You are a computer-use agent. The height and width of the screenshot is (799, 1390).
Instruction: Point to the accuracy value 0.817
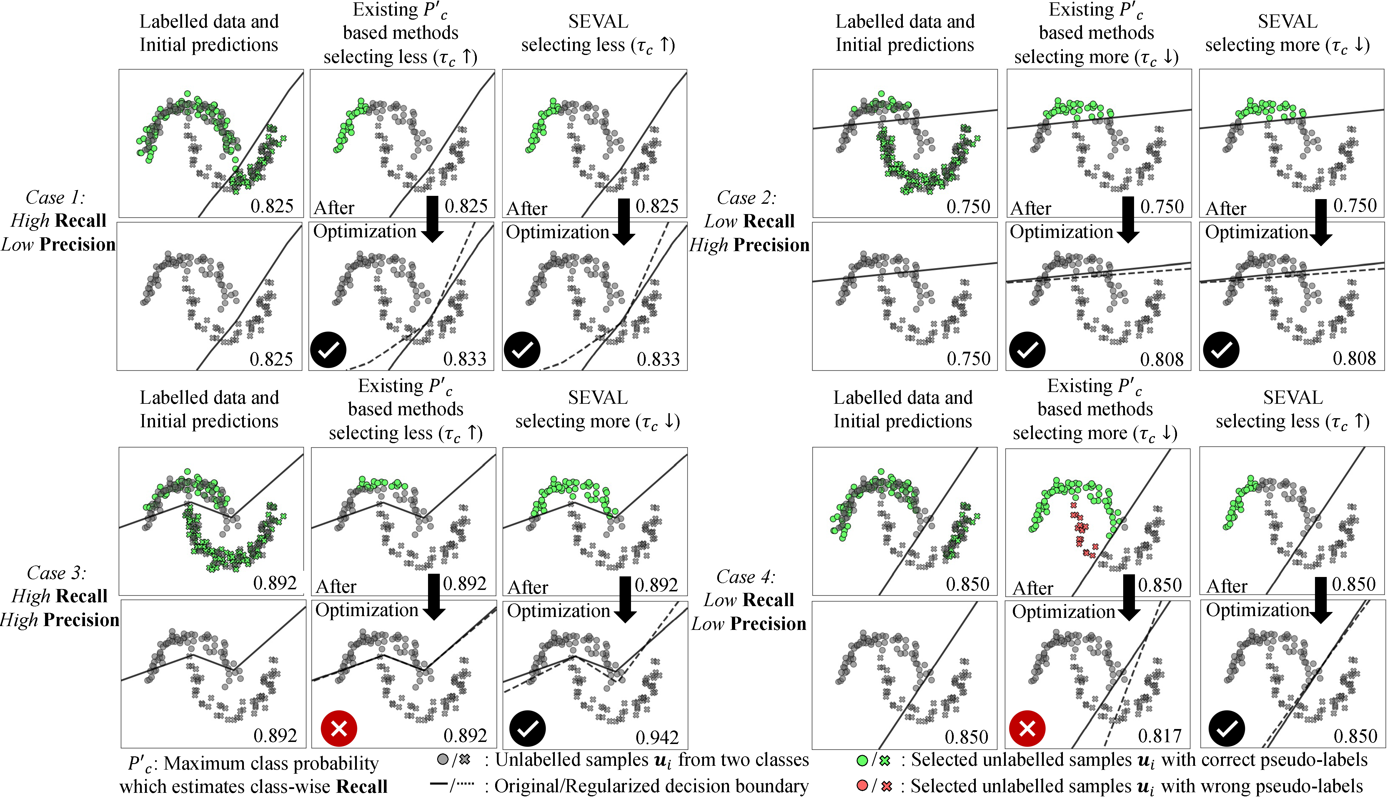(x=1159, y=735)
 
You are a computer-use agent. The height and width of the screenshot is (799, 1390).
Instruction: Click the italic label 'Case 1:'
(x=55, y=198)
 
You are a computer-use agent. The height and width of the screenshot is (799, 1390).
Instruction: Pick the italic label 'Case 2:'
(x=747, y=198)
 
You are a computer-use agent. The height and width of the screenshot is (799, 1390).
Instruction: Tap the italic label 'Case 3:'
(x=56, y=573)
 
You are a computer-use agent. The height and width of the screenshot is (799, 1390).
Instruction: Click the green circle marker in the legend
(x=862, y=760)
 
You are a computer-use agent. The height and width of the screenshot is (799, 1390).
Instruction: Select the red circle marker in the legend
(x=862, y=786)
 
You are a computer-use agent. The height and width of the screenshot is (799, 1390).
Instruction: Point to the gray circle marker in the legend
(x=442, y=760)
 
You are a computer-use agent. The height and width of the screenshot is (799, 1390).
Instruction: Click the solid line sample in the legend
(x=439, y=784)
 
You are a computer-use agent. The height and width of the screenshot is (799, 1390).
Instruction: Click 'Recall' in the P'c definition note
(x=362, y=786)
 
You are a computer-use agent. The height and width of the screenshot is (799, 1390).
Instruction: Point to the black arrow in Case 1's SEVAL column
(x=624, y=222)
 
